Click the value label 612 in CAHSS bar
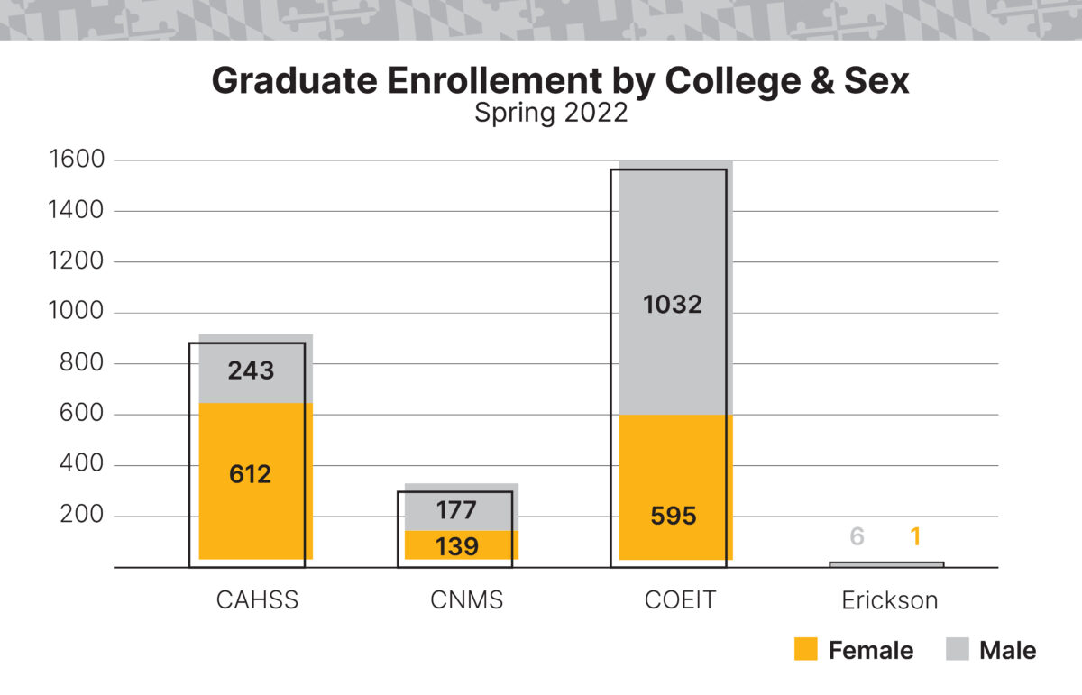(x=250, y=474)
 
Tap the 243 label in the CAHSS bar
(x=250, y=370)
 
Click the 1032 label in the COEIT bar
(x=672, y=305)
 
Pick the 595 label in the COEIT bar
(x=672, y=517)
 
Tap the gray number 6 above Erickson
(x=857, y=537)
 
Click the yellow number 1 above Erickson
(x=915, y=537)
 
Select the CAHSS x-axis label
(x=256, y=600)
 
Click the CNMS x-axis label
(x=466, y=600)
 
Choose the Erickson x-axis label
(x=889, y=600)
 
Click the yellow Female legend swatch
(x=806, y=650)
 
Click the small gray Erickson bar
(x=885, y=564)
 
